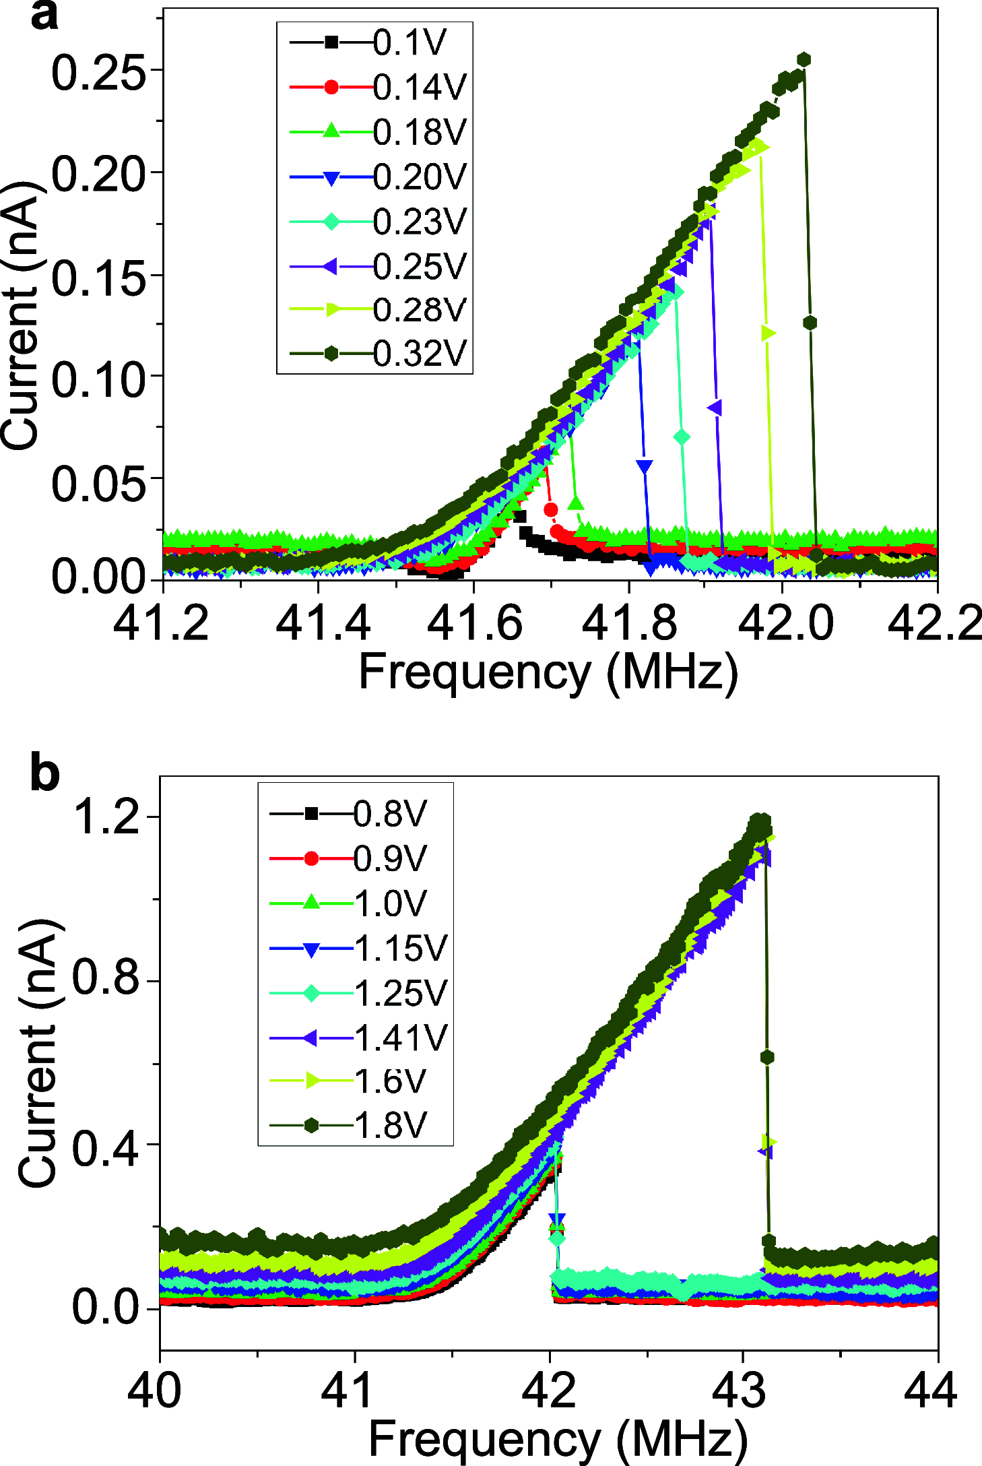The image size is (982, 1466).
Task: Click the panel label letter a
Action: click(x=44, y=16)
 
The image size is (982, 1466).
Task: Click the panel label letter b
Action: click(x=44, y=774)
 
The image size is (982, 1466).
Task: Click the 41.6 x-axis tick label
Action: click(x=475, y=623)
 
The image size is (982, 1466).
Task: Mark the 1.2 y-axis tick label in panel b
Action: click(x=106, y=817)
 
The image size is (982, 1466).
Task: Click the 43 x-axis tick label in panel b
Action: click(x=743, y=1389)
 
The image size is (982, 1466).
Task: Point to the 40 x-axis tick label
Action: click(x=155, y=1389)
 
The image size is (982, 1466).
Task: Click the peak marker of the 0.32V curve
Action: click(x=803, y=60)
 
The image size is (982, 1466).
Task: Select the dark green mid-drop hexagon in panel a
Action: click(x=810, y=323)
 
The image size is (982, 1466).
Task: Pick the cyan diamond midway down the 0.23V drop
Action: click(x=682, y=437)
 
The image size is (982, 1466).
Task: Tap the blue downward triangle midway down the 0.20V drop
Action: click(x=645, y=466)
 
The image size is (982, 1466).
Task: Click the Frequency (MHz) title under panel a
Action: click(x=548, y=672)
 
